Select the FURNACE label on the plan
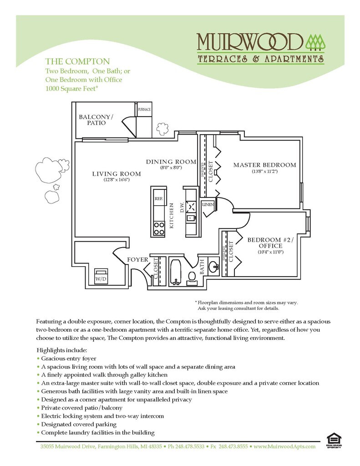tap(144, 110)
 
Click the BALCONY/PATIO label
tap(96, 120)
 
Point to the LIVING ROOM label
tap(117, 174)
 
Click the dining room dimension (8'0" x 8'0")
tap(171, 168)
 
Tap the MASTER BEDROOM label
tap(264, 165)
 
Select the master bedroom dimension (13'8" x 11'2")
tap(264, 172)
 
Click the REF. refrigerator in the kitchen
tap(159, 198)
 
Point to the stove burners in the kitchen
tap(159, 228)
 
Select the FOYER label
tap(137, 260)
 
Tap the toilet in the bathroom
tap(192, 277)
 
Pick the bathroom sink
tap(213, 266)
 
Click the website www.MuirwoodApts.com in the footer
tap(284, 446)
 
